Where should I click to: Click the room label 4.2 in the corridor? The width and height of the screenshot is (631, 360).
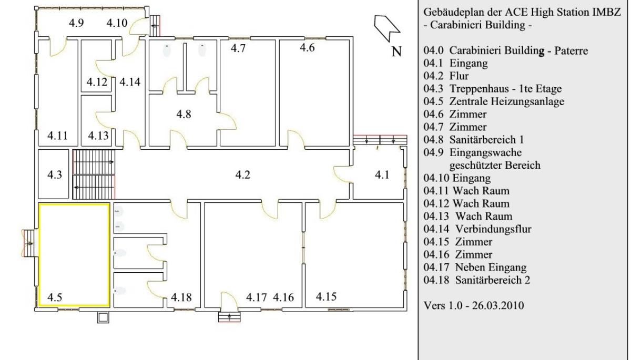point(242,175)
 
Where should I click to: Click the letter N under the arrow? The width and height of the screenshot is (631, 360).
point(396,52)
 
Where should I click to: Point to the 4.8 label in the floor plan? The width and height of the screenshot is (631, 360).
point(184,114)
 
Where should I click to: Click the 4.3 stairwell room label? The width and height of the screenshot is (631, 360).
point(54,175)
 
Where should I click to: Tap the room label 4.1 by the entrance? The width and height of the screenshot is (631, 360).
point(382,175)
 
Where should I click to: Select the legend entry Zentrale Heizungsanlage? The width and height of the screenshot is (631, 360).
point(506,101)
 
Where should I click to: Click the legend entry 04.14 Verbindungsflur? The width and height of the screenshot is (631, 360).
point(477,229)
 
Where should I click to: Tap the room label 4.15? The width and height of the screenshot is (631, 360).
point(326,296)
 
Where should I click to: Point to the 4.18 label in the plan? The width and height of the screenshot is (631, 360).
point(181,297)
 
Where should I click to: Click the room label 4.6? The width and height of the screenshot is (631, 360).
point(307,48)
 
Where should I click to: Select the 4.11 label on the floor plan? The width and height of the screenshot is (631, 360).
point(57,136)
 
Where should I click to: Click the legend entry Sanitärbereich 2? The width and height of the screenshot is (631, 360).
point(492,280)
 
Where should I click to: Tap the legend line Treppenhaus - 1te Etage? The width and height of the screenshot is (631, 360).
point(505,89)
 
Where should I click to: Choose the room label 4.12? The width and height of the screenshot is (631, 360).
point(97,82)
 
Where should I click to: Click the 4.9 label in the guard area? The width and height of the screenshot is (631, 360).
point(76,23)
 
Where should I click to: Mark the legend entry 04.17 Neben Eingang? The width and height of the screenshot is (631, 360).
point(475,267)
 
